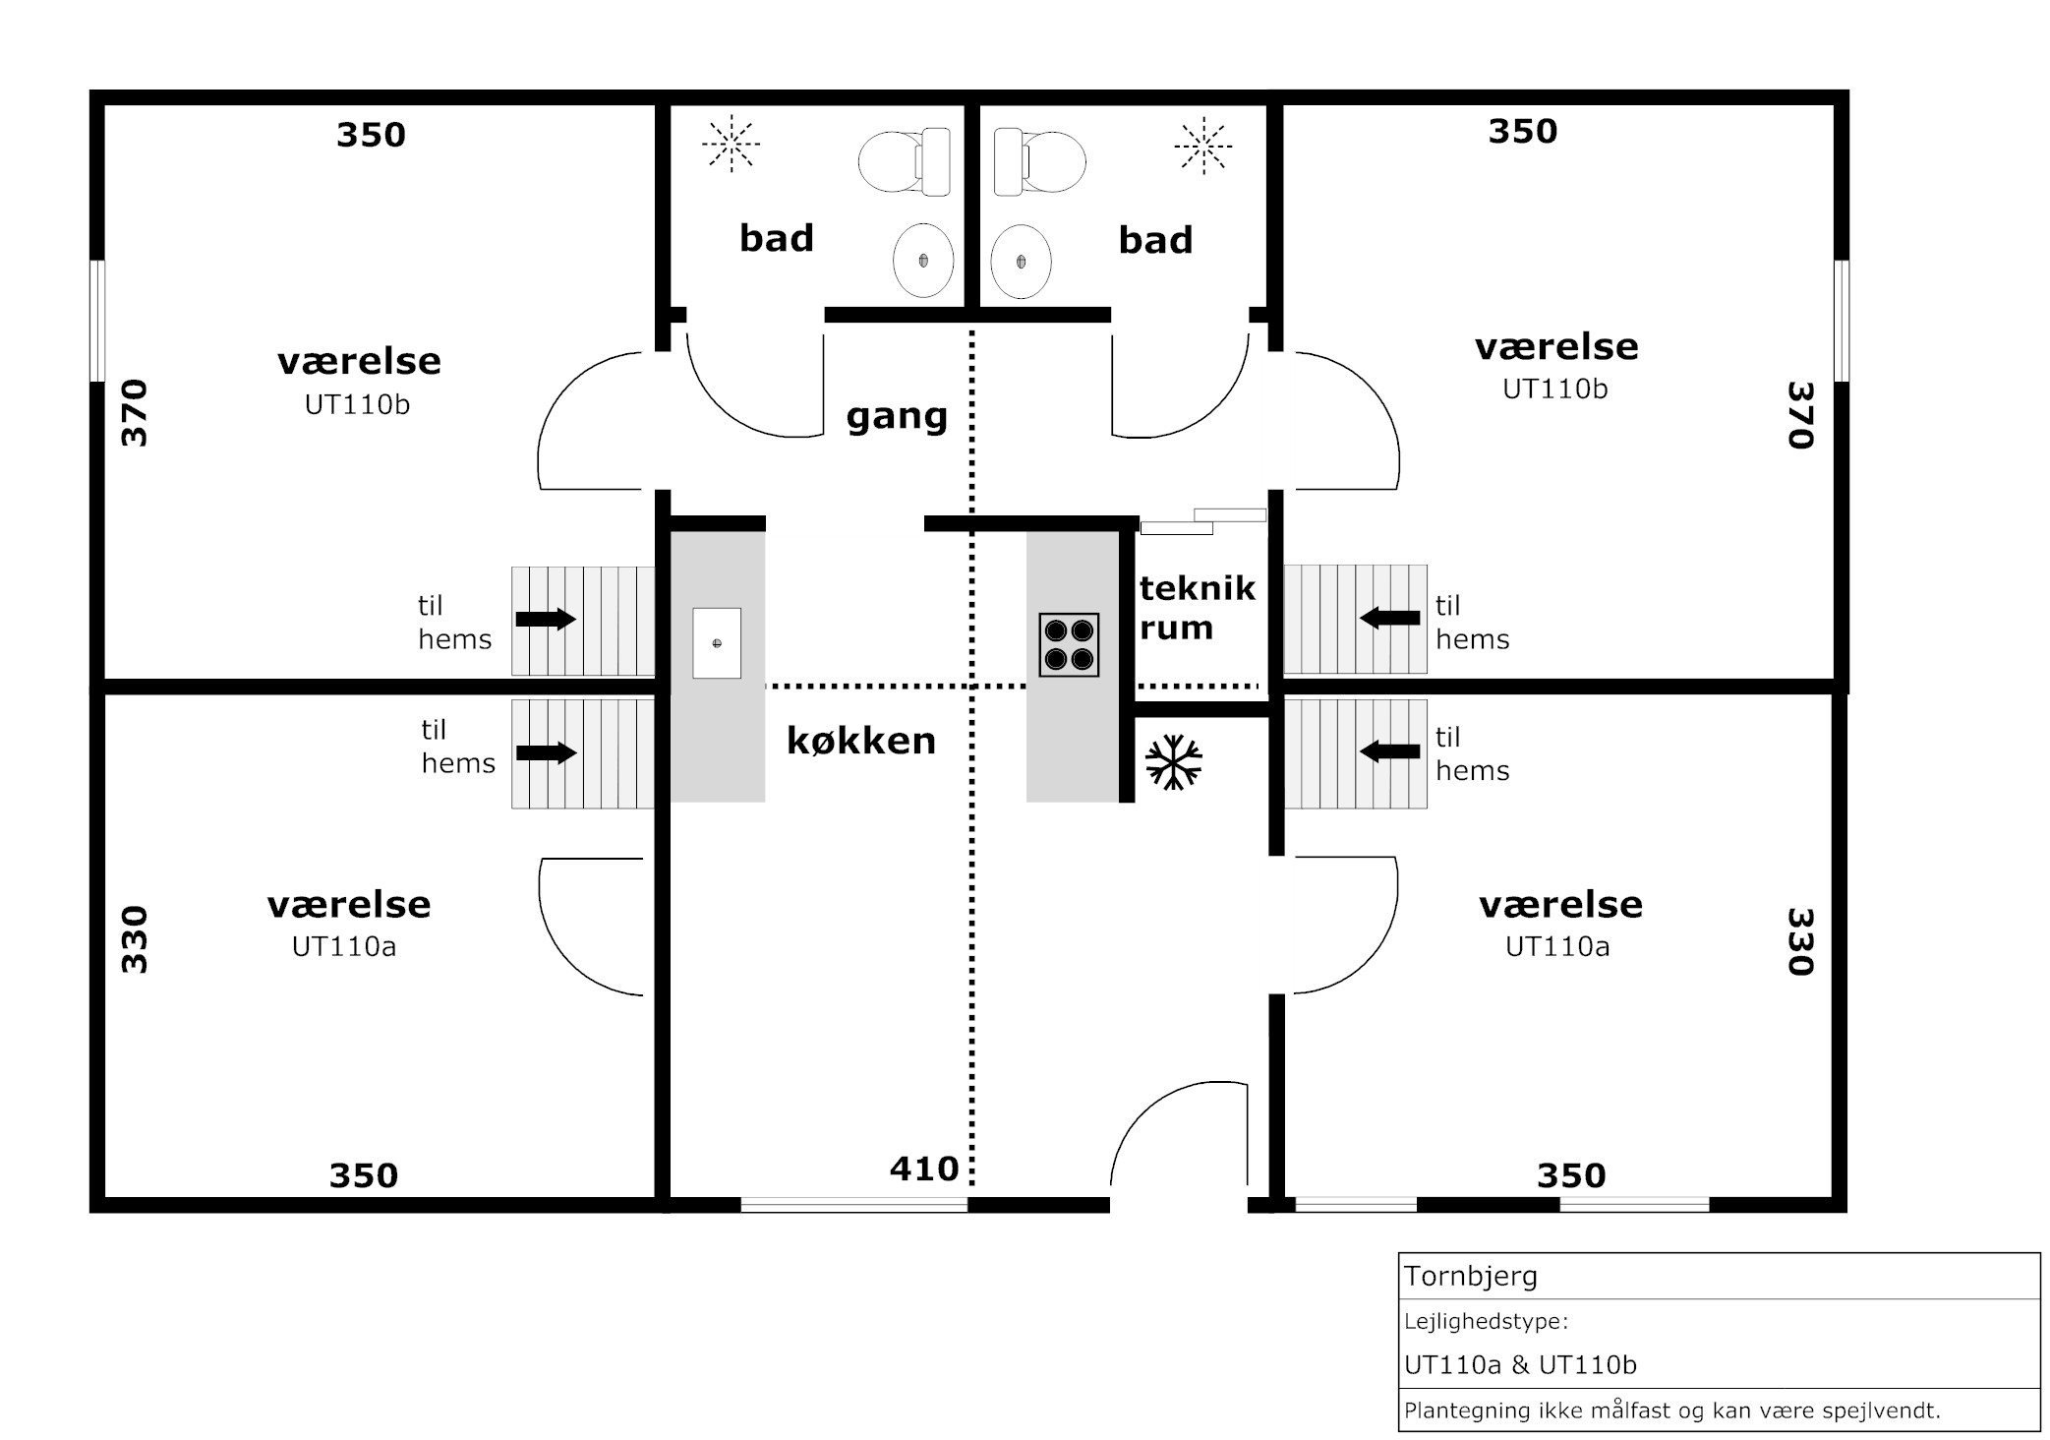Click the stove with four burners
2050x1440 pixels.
click(1069, 644)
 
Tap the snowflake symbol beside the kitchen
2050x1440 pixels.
click(1174, 762)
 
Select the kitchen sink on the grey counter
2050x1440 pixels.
click(717, 643)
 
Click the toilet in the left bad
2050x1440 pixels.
click(905, 161)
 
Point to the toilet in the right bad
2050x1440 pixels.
click(1039, 161)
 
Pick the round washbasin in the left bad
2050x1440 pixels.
click(923, 261)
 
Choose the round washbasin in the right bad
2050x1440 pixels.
click(1021, 262)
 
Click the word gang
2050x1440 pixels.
click(897, 417)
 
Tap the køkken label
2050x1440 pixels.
click(861, 741)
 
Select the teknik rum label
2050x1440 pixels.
click(1198, 608)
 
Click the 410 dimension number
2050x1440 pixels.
click(924, 1169)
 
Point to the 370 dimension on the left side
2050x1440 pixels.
click(134, 413)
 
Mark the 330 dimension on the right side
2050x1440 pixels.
click(1799, 941)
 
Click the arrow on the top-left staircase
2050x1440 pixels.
click(546, 619)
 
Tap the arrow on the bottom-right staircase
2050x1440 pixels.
click(1389, 751)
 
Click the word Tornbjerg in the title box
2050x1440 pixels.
click(1471, 1277)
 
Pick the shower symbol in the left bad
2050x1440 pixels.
click(731, 145)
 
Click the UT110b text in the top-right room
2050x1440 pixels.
click(1555, 390)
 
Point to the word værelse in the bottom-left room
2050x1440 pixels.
click(349, 905)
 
